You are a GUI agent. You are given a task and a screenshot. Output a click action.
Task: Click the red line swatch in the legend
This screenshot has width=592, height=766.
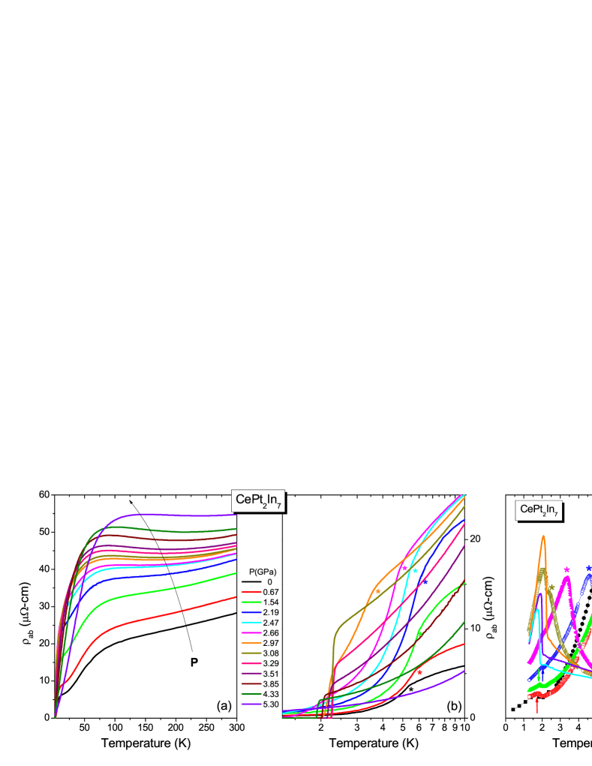(251, 592)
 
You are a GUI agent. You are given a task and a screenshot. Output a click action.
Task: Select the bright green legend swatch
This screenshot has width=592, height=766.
(251, 602)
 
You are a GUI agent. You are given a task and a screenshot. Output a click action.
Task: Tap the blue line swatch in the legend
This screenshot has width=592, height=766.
(251, 612)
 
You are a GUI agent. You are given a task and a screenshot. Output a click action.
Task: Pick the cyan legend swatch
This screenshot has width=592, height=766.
(251, 623)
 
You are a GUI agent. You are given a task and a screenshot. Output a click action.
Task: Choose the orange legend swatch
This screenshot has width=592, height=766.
(251, 643)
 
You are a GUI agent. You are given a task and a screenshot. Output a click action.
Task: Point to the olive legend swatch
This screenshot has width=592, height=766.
(251, 653)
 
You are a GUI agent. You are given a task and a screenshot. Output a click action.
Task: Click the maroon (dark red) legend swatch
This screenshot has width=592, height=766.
(251, 684)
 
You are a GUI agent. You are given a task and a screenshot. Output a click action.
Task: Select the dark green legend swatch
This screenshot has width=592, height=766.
(251, 694)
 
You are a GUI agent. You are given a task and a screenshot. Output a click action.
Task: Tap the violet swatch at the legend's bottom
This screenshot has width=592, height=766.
(251, 704)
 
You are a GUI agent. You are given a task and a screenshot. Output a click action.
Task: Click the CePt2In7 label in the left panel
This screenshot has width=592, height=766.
(258, 500)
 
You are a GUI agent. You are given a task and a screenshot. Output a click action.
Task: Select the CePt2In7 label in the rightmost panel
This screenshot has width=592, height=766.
(539, 511)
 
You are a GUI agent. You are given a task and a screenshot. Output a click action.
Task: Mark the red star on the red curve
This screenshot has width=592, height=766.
(419, 672)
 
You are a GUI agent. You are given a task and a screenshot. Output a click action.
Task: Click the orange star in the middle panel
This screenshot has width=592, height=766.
(377, 591)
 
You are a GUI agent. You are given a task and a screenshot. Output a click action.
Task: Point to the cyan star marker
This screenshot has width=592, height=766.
(415, 572)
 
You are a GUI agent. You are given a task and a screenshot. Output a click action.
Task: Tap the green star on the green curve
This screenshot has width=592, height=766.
(420, 634)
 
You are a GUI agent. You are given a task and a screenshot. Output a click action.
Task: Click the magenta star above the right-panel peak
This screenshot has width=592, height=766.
(566, 570)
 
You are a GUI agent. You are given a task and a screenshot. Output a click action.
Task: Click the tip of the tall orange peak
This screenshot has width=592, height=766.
(542, 536)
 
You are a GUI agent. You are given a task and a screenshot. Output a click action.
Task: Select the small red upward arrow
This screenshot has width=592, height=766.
(536, 704)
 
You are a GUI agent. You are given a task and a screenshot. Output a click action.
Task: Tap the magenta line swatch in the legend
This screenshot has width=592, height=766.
(251, 632)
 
